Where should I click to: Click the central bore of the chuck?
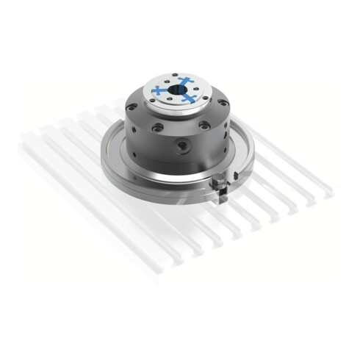click(179, 92)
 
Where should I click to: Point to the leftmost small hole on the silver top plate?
click(151, 94)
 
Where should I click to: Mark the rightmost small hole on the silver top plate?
click(207, 90)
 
